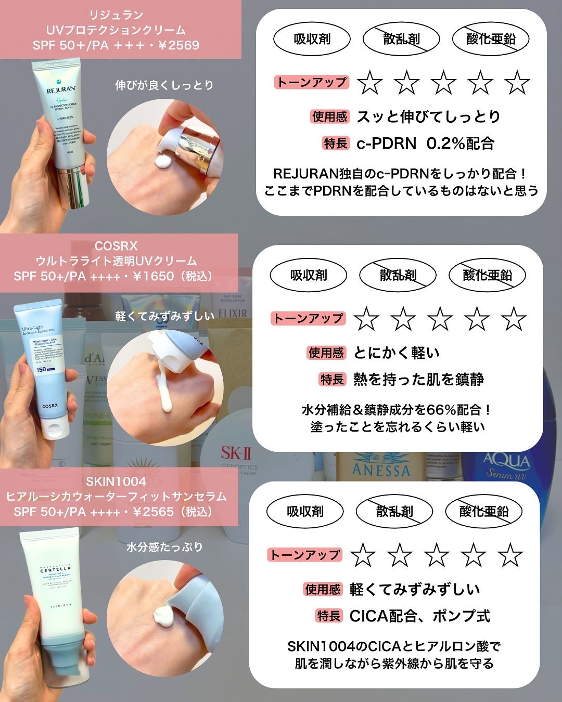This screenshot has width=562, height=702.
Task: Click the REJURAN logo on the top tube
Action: coord(61,89)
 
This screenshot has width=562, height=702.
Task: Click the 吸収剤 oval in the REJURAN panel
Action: coord(312,39)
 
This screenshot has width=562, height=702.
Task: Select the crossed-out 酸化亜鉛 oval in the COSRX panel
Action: coord(487,275)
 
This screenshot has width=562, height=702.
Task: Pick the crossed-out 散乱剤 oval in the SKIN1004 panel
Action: coord(394,512)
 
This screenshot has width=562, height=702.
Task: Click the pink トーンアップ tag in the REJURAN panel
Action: coord(311,82)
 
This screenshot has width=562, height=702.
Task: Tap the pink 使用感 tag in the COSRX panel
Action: coord(326,353)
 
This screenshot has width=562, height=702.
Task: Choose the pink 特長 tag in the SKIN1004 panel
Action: coord(329,616)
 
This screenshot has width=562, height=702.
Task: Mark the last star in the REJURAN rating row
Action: coord(517,83)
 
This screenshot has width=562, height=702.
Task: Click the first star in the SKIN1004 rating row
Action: coord(363,555)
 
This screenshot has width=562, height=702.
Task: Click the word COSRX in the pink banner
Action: coord(116,245)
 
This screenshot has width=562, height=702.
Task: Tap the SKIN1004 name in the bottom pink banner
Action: coord(116,482)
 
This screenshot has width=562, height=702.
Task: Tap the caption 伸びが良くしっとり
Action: coord(164,85)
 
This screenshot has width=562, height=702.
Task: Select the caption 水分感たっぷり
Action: coord(164,547)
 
